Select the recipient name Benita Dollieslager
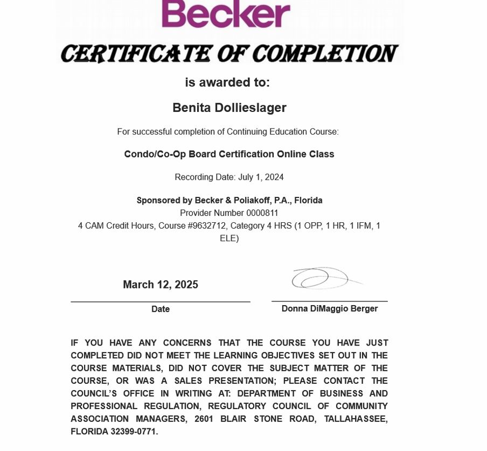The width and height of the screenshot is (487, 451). [229, 108]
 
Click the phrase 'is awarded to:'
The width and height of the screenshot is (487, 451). [227, 82]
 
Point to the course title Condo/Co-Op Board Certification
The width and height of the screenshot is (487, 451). [229, 154]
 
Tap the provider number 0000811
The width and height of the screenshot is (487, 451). [262, 213]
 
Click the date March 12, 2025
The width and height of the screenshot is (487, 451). [161, 285]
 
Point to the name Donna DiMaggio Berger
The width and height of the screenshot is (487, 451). [329, 308]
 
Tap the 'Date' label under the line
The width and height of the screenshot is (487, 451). [161, 309]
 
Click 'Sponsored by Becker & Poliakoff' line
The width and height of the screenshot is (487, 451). [229, 200]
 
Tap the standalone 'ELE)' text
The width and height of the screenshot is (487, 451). [229, 238]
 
